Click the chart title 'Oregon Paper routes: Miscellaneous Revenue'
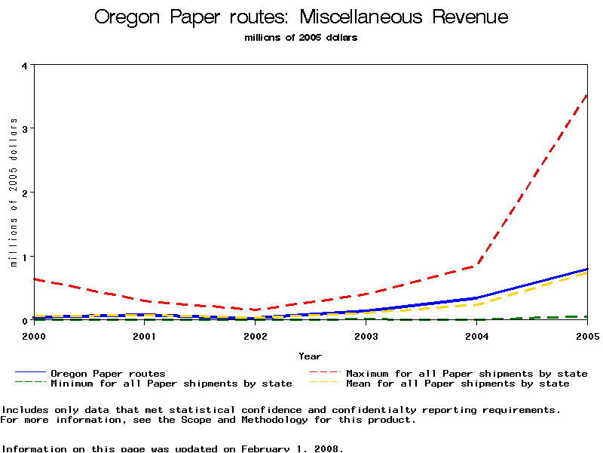coord(301,17)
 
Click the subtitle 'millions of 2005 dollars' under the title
coord(301,38)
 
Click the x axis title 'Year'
coord(310,356)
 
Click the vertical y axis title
coord(14,193)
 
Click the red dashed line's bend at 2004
coord(477,265)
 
